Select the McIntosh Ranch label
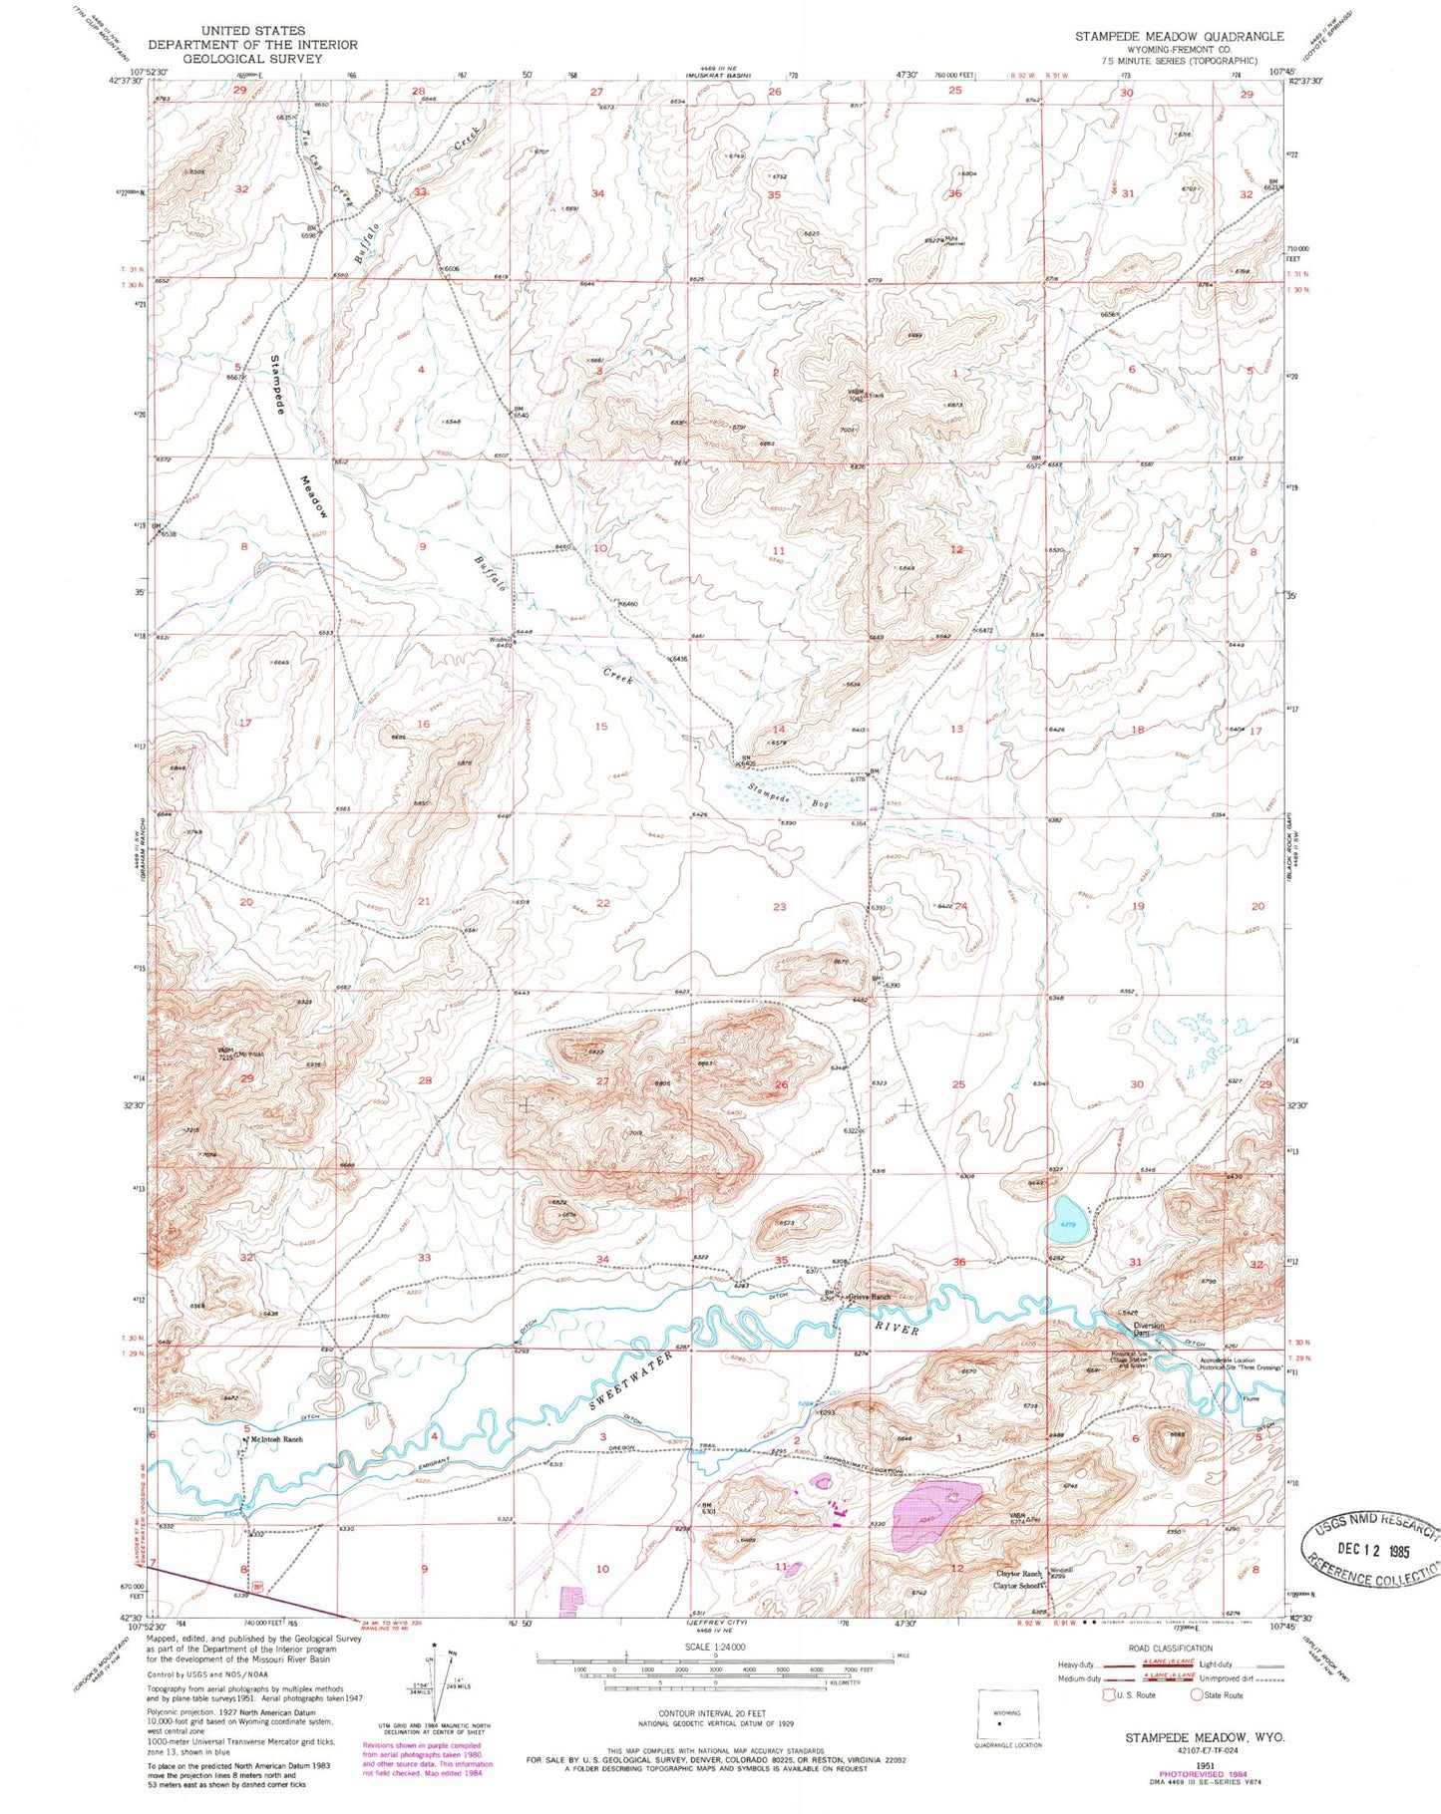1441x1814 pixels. tap(276, 1439)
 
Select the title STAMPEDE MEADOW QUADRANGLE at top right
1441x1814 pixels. tap(1179, 36)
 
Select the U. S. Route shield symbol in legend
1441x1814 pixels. tap(1109, 1694)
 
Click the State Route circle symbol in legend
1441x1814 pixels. tap(1196, 1694)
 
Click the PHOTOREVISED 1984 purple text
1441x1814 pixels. tap(1205, 1775)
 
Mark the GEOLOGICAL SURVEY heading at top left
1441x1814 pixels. tap(253, 58)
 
